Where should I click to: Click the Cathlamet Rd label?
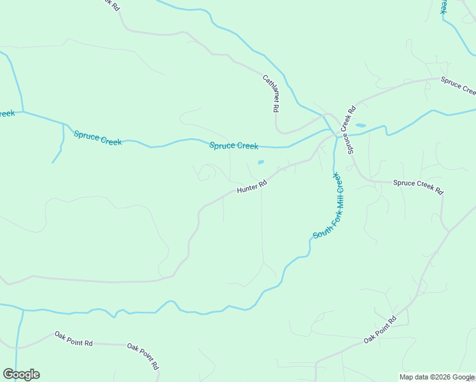pos(271,94)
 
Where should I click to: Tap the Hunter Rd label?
pos(251,187)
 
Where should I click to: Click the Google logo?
pos(21,374)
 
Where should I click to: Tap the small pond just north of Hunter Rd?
pos(261,162)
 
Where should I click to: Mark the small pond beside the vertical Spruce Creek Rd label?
pos(361,125)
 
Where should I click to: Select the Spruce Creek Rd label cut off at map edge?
pos(458,87)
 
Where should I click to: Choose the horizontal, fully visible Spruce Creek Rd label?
pos(417,187)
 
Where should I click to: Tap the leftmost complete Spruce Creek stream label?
pos(97,138)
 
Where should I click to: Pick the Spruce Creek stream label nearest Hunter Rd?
pos(234,146)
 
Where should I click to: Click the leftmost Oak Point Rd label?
pos(73,339)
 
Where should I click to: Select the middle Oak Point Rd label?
pos(143,357)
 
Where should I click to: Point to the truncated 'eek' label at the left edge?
pos(7,113)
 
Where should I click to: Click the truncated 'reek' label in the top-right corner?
pos(444,6)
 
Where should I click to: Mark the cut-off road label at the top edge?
pos(111,4)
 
